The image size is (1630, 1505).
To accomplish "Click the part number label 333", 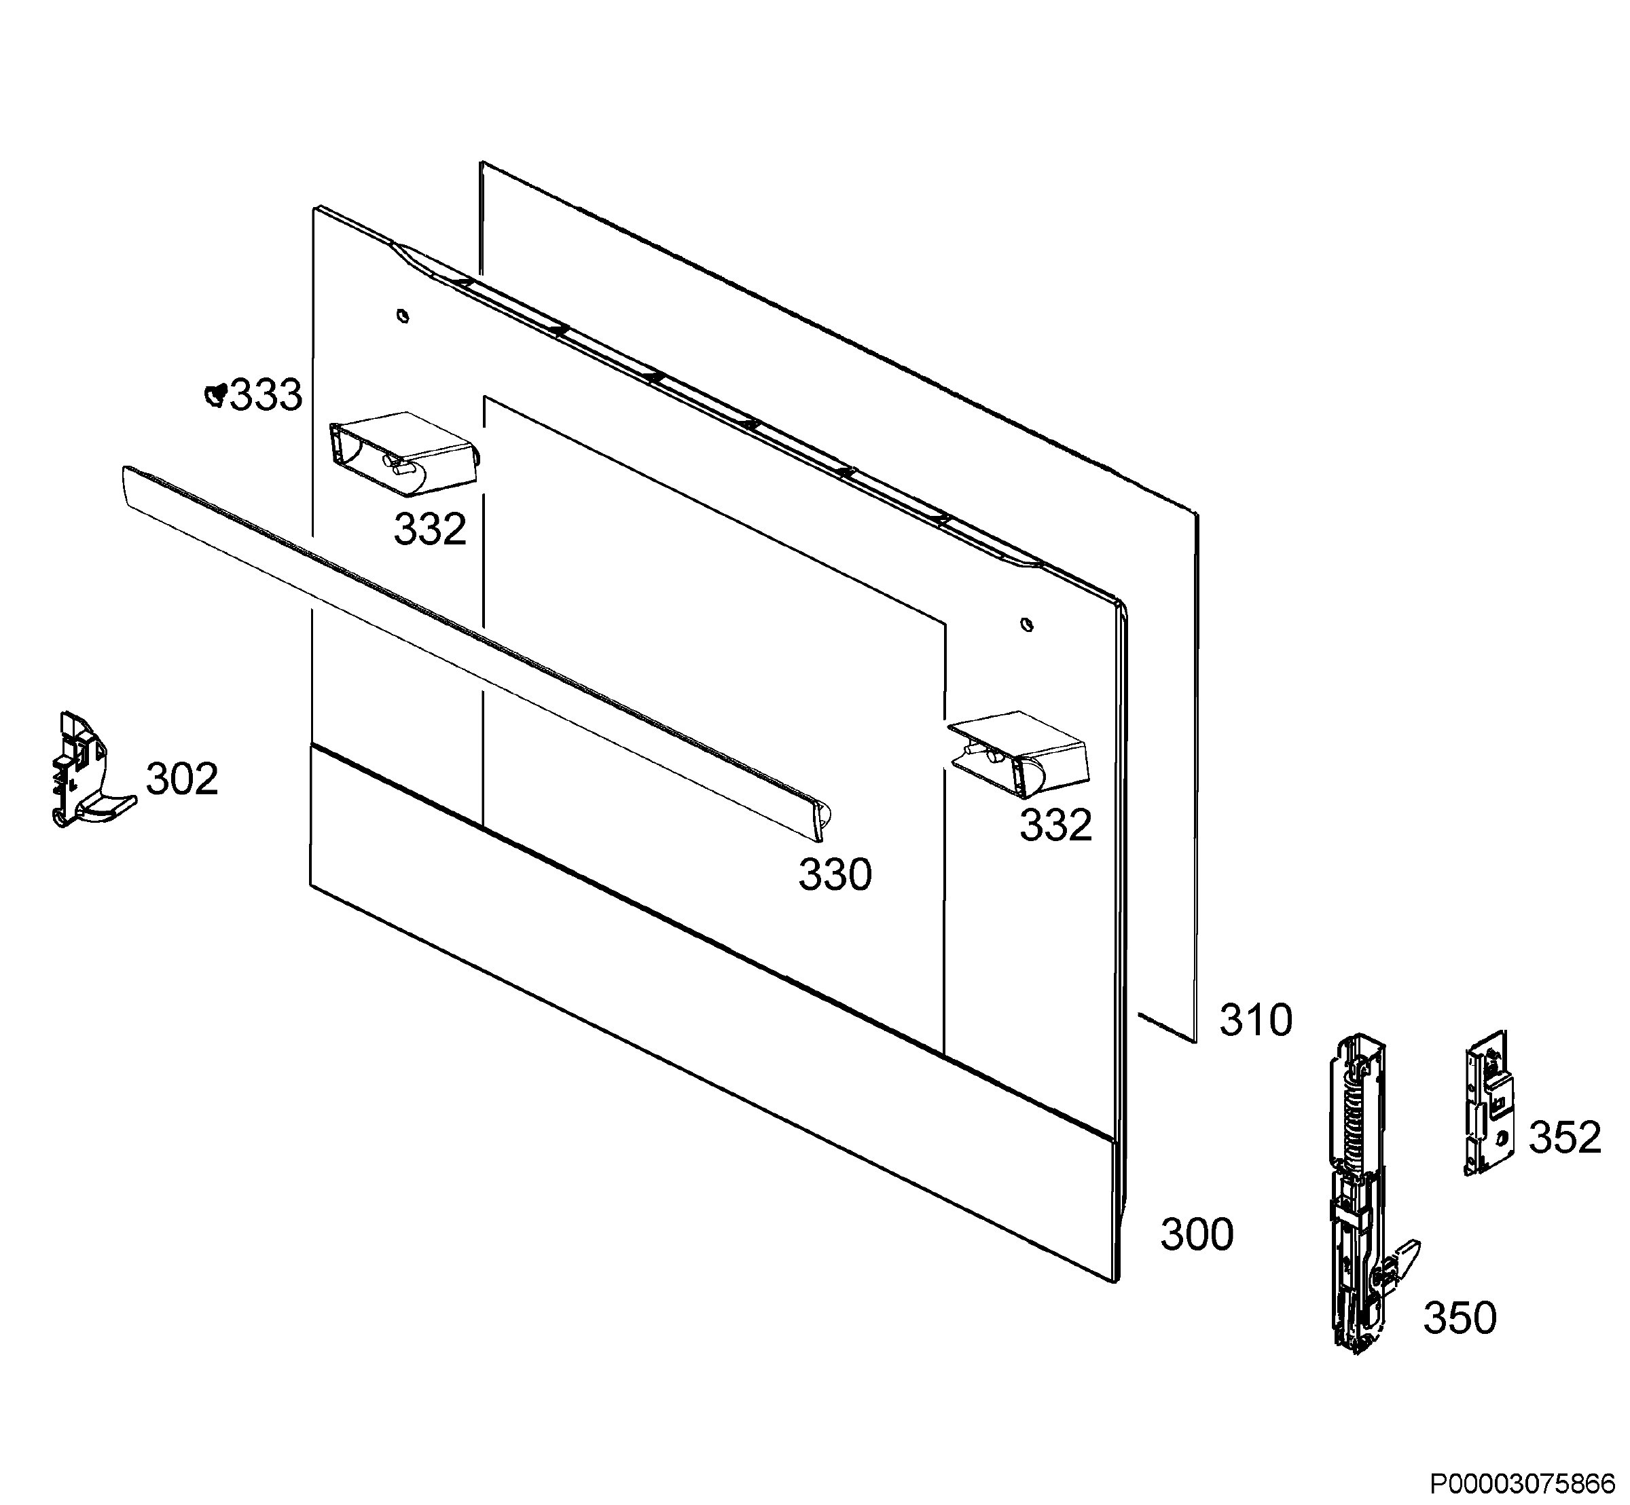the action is coord(266,396).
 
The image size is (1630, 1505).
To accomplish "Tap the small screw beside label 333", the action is coord(216,395).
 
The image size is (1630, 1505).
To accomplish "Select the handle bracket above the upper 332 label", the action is coord(403,453).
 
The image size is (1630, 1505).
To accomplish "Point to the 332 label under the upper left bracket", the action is coord(430,529).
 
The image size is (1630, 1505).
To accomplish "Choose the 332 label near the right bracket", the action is coord(1055,825).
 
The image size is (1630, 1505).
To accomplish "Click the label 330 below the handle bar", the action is coord(835,876).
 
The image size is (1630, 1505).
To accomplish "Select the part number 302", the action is coord(183,779).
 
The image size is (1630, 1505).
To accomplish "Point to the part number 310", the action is coord(1255,1020).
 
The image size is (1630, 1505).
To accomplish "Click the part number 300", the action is coord(1197,1235).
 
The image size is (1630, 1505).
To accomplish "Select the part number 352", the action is coord(1565,1137).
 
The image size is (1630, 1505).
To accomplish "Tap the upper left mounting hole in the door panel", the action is coord(403,315).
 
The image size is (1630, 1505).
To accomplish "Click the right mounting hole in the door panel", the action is coord(1027,625).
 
